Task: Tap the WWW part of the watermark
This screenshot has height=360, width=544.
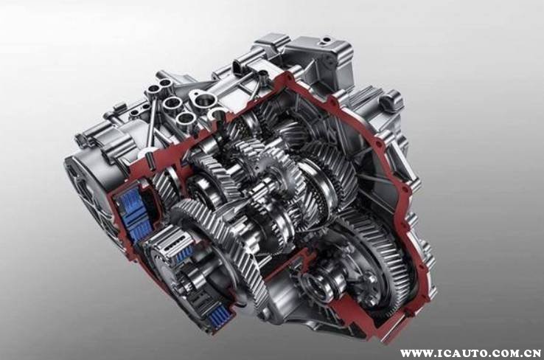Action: tap(414, 354)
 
